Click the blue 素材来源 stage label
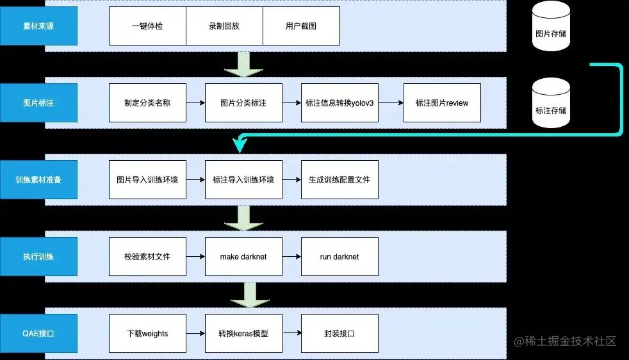(38, 26)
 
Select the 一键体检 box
(147, 26)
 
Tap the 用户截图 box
(301, 26)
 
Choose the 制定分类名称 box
(147, 102)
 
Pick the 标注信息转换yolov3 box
(339, 102)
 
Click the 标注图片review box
(442, 102)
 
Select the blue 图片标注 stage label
(38, 102)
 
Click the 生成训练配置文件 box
(339, 179)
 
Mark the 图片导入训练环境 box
(147, 179)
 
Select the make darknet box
(243, 256)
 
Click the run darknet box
(339, 256)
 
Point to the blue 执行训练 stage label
(38, 256)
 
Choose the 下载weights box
(147, 333)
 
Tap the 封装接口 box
(339, 333)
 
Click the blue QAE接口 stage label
(38, 333)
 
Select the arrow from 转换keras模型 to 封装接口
(291, 333)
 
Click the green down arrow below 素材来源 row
(243, 64)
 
